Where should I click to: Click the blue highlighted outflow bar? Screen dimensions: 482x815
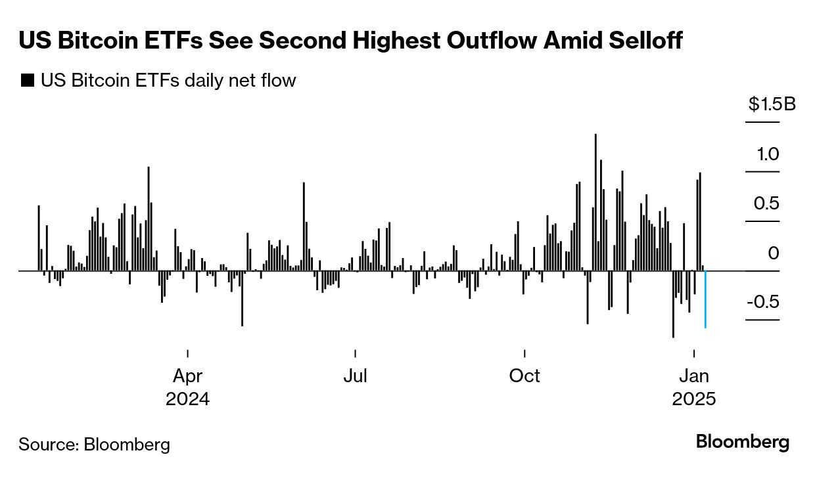click(705, 299)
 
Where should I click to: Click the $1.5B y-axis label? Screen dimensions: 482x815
click(772, 104)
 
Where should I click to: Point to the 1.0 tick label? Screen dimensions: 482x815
click(767, 154)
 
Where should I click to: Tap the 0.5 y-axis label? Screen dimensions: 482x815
click(766, 204)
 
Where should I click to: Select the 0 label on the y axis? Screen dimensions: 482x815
click(773, 253)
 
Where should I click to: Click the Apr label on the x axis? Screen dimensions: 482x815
click(187, 376)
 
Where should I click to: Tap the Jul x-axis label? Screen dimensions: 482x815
click(355, 376)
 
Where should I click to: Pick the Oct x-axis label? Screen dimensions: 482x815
click(524, 376)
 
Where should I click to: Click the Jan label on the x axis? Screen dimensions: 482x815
click(694, 376)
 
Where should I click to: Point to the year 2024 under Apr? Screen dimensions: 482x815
click(187, 399)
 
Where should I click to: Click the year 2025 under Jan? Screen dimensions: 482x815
click(694, 399)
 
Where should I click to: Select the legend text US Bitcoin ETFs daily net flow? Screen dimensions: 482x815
click(168, 81)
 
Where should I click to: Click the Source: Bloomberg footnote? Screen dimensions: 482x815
click(94, 445)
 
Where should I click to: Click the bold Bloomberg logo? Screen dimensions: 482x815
click(743, 442)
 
